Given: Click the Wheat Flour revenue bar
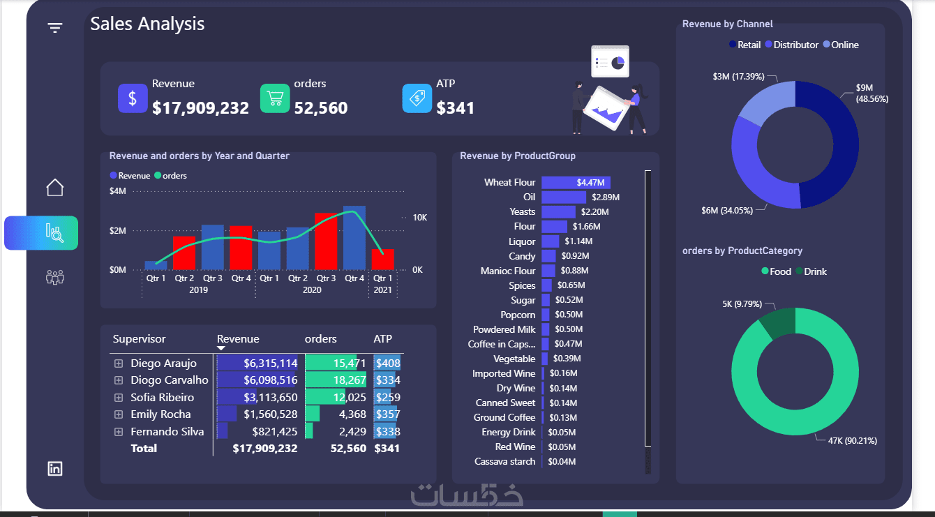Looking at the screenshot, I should [x=576, y=182].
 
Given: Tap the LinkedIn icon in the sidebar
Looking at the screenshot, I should [x=55, y=468].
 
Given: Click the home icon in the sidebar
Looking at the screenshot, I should [x=55, y=187].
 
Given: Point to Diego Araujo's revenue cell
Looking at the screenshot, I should [x=258, y=363].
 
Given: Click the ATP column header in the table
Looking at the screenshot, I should [x=383, y=339].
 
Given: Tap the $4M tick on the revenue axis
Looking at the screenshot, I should [x=118, y=191].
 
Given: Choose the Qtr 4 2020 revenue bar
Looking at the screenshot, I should [x=354, y=237].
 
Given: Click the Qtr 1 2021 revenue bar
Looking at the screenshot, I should [x=382, y=259].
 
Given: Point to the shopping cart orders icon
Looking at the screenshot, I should [x=275, y=98].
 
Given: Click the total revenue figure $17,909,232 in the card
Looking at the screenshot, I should [x=200, y=107].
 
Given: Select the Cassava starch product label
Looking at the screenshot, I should [x=504, y=461].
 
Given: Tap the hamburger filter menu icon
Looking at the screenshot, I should [x=55, y=27].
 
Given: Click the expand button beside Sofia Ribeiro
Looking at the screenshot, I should [x=119, y=397].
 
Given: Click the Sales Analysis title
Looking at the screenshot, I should [x=147, y=24].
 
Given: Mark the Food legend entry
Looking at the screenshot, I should [x=776, y=271].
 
